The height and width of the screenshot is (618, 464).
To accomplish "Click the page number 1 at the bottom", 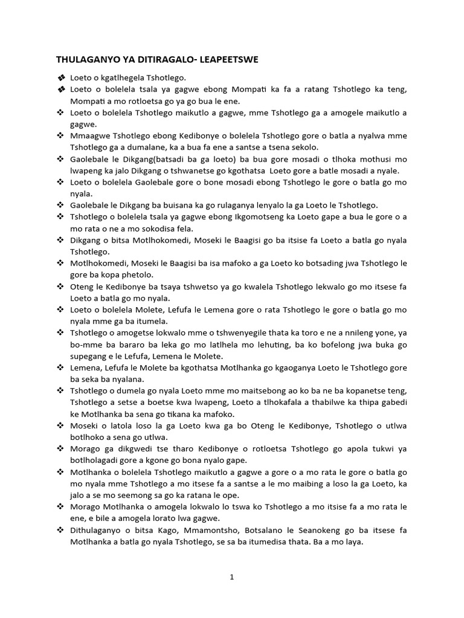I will pyautogui.click(x=231, y=577).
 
